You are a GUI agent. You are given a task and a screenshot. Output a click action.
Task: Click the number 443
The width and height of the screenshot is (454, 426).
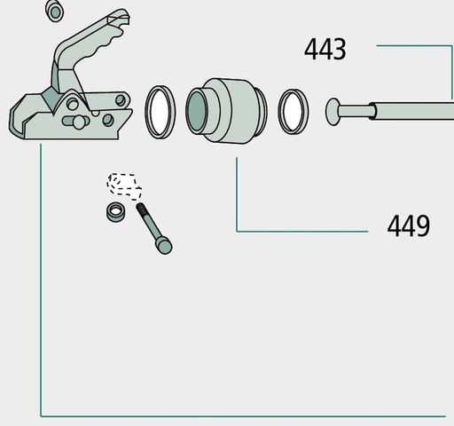325,50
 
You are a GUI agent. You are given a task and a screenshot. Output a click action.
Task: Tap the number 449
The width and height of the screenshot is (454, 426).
409,226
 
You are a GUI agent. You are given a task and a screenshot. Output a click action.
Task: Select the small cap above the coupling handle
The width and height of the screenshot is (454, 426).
55,11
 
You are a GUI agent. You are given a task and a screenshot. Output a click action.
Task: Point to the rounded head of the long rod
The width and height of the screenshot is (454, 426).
333,112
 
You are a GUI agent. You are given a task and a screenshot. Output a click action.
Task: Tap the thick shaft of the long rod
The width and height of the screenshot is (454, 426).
412,111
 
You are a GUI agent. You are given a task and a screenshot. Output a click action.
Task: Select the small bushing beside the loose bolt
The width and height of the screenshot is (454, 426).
115,212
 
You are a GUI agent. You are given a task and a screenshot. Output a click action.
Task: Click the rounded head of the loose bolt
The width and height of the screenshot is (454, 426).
164,246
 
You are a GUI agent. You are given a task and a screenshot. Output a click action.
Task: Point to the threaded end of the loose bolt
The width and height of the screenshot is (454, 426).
142,209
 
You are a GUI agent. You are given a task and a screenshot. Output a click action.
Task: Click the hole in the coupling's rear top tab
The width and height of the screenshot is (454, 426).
121,100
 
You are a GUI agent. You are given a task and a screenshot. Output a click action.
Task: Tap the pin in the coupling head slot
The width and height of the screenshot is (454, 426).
78,122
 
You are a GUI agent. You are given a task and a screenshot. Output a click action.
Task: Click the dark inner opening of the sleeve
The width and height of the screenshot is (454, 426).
197,111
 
